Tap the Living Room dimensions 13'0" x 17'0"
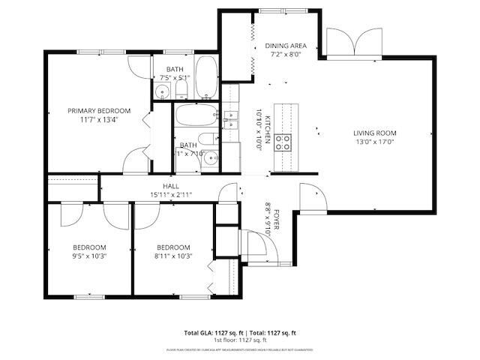point(374,142)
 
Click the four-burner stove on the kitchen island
point(283,142)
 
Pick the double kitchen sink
point(229,118)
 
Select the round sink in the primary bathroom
point(162,93)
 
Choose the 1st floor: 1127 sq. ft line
point(241,339)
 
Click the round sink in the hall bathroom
point(211,157)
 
